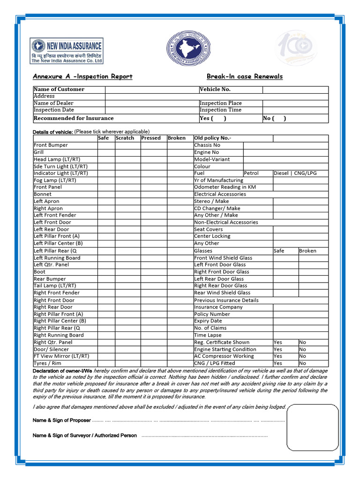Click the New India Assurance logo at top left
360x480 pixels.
(67, 51)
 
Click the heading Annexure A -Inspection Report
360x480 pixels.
(82, 76)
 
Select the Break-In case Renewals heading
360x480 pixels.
(245, 76)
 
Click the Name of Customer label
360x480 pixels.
(59, 89)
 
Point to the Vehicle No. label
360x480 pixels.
(215, 89)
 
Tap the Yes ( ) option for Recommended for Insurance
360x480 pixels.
(213, 118)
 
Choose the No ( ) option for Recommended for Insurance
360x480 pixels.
(275, 118)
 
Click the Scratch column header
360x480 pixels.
(125, 138)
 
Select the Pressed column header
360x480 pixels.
(151, 138)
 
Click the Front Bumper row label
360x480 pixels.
(51, 145)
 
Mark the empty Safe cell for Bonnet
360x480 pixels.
(106, 194)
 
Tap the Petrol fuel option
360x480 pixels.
(251, 173)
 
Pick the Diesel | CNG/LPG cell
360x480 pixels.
(295, 173)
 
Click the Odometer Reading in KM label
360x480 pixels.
(225, 187)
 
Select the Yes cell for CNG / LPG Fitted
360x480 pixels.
(278, 363)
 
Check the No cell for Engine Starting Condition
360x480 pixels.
(303, 349)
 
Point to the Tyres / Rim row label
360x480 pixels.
(47, 363)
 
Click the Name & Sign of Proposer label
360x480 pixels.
(62, 420)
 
